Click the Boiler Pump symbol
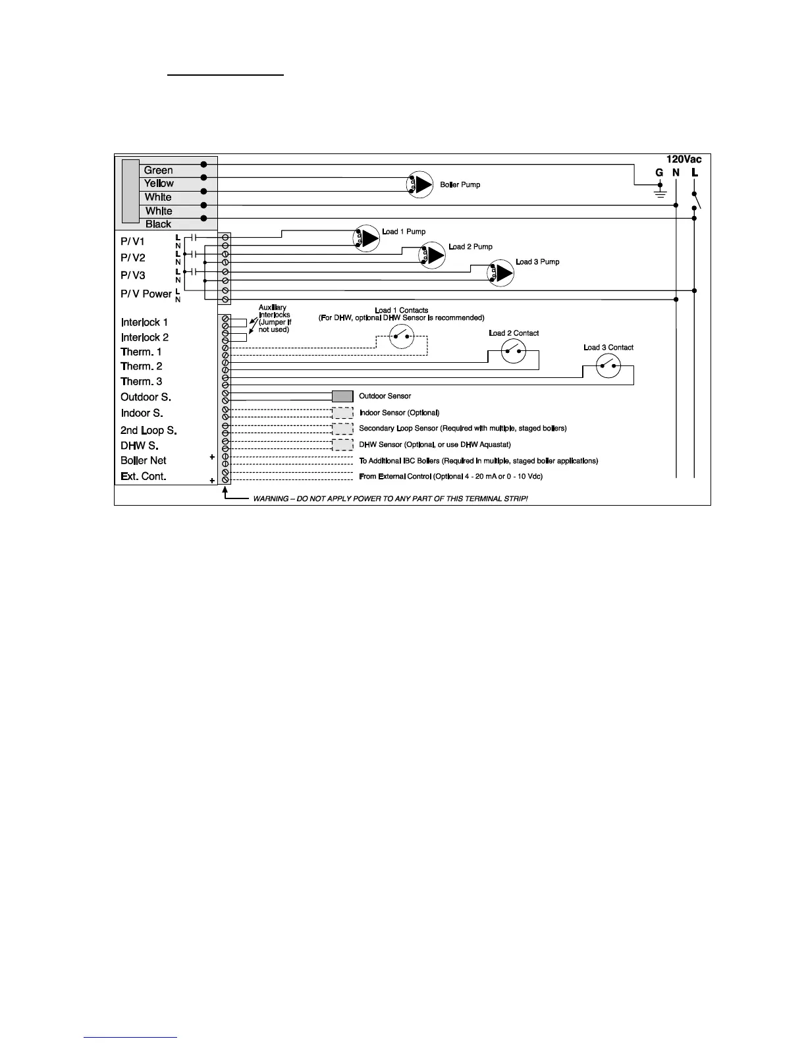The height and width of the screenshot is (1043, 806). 419,184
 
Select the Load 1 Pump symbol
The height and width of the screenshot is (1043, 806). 367,238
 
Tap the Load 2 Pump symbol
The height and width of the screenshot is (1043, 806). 433,255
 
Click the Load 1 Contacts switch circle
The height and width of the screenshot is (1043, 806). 401,336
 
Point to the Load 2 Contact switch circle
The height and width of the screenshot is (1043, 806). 514,351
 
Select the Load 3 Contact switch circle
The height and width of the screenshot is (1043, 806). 608,365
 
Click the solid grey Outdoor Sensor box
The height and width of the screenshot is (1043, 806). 342,396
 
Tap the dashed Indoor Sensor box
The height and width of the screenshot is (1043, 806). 342,413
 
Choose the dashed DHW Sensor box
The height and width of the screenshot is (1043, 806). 342,444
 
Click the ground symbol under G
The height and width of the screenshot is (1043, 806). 660,192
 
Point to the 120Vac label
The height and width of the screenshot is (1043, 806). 684,159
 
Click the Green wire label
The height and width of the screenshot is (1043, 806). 158,170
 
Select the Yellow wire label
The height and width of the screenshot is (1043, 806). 159,183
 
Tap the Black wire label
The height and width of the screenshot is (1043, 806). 158,224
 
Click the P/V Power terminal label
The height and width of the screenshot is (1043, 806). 146,294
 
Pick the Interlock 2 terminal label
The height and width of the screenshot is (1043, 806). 144,337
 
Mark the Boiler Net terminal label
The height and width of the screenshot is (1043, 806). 143,460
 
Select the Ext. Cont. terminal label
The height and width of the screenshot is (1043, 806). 143,476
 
